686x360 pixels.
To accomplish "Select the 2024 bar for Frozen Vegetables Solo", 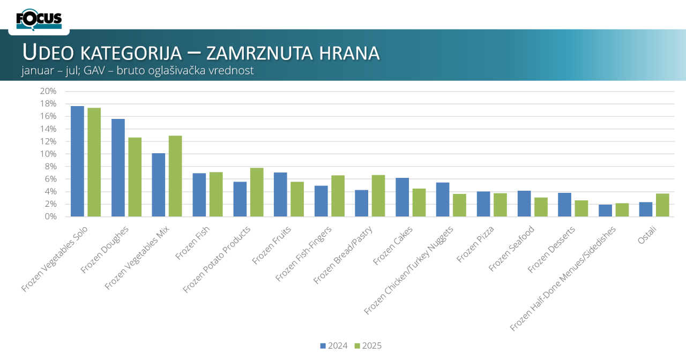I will click(x=77, y=161).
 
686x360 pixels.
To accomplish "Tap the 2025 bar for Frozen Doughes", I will click(x=135, y=177).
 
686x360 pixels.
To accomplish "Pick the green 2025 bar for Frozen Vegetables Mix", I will click(x=175, y=176).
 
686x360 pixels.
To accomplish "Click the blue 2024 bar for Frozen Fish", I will click(x=199, y=195).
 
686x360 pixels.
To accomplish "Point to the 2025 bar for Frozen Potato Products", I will click(x=257, y=192).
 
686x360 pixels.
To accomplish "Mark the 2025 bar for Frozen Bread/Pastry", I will click(x=378, y=196).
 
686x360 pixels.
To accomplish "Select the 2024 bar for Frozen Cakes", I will click(x=402, y=197).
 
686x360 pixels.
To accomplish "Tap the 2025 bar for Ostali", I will click(x=663, y=205).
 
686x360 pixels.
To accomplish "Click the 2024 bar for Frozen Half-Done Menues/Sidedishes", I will click(x=605, y=211).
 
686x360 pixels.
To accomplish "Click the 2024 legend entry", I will click(x=334, y=346).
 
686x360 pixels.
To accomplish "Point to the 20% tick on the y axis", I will click(x=48, y=91).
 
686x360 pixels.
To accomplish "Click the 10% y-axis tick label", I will click(x=48, y=154).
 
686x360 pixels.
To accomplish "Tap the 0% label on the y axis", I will click(x=50, y=216).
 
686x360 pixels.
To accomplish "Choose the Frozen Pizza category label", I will click(x=475, y=245).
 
